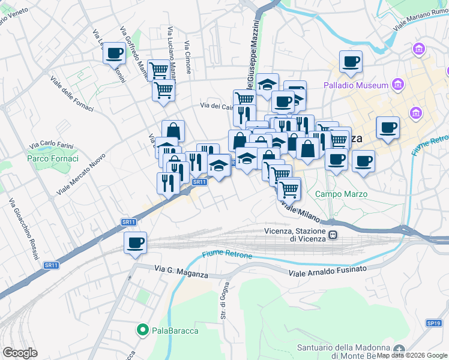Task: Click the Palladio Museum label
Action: pos(356,85)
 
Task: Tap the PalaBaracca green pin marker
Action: pos(143,329)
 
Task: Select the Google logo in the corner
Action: pos(20,353)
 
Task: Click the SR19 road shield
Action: pos(434,323)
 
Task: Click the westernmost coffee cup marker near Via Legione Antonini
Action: pos(114,53)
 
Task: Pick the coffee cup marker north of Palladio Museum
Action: pos(351,61)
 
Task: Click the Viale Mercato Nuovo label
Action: pos(82,173)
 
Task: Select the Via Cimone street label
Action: pos(188,57)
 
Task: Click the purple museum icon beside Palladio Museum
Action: pos(397,85)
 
